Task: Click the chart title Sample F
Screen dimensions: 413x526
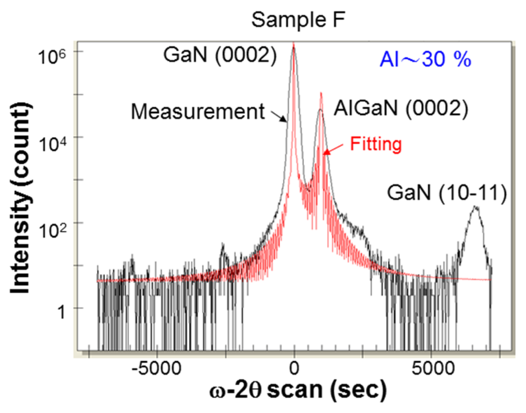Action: click(298, 20)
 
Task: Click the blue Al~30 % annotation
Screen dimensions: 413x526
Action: click(425, 60)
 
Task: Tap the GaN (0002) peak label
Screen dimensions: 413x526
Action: click(220, 55)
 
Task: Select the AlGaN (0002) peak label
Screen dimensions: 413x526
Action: click(401, 108)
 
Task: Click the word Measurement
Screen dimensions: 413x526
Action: click(198, 112)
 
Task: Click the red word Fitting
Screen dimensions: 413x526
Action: click(376, 144)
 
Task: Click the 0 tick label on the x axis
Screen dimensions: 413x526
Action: click(294, 368)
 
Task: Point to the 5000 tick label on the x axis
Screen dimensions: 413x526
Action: click(433, 368)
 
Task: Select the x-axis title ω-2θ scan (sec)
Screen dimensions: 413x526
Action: click(298, 390)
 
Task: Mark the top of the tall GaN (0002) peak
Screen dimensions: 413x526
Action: click(294, 45)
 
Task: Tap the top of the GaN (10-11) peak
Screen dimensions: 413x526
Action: click(475, 206)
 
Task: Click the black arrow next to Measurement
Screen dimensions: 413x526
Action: click(279, 117)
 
